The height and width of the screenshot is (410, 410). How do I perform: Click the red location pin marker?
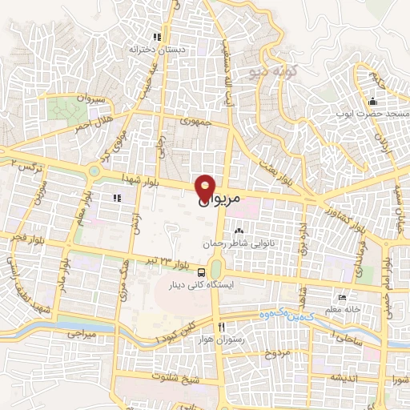pyautogui.click(x=206, y=187)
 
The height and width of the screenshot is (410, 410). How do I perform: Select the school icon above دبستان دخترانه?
pyautogui.click(x=158, y=37)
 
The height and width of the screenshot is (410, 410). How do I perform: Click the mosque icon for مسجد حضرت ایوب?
pyautogui.click(x=372, y=102)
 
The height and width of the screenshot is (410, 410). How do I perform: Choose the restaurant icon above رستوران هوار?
pyautogui.click(x=221, y=327)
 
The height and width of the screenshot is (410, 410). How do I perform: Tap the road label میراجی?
pyautogui.click(x=81, y=331)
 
